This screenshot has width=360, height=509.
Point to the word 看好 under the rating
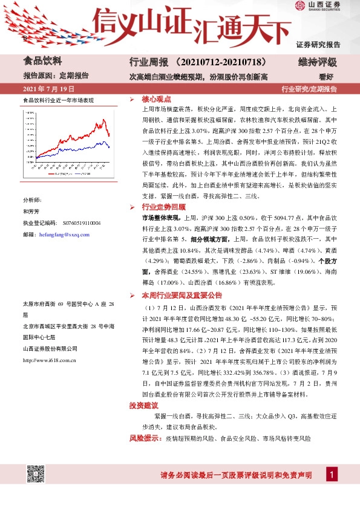pos(327,77)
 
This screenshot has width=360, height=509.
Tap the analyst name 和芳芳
pos(31,212)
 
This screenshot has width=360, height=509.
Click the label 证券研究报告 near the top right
pos(318,44)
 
